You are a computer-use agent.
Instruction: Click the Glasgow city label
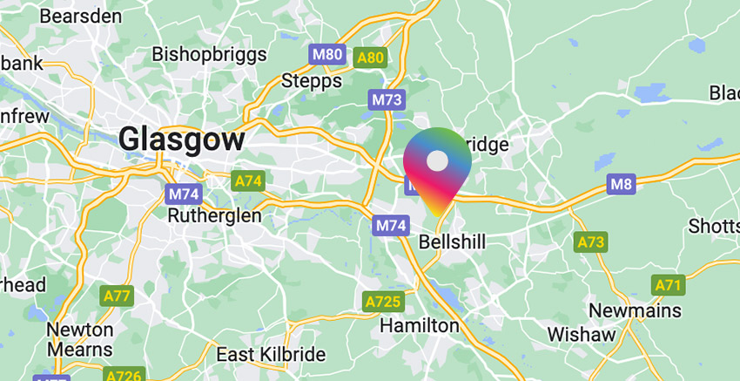click(181, 139)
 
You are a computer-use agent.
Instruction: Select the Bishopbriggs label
click(209, 54)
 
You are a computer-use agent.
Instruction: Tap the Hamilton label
click(420, 325)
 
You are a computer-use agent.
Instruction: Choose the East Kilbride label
click(270, 355)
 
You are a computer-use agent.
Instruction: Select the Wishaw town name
click(582, 334)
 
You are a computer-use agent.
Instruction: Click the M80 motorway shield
click(327, 55)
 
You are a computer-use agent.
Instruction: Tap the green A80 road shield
click(370, 58)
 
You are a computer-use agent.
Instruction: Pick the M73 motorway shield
click(387, 99)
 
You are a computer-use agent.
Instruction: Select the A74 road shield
click(248, 181)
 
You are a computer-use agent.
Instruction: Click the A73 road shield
click(589, 242)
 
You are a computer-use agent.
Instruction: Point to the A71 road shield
click(668, 284)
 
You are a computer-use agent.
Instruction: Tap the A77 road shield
click(116, 296)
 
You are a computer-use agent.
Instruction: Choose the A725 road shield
click(382, 302)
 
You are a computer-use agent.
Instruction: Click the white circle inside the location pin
click(437, 161)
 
